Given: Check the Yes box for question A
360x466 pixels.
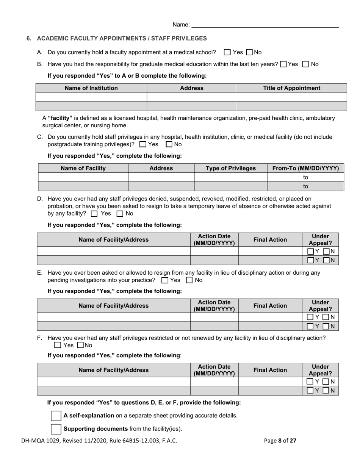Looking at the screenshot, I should [227, 52].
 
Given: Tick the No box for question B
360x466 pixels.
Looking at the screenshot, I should [306, 64].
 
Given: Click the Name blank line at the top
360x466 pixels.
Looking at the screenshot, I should [265, 25].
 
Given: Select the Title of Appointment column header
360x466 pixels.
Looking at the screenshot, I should [291, 88].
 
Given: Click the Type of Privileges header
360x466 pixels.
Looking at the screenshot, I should [230, 168].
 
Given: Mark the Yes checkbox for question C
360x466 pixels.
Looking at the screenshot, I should [143, 144].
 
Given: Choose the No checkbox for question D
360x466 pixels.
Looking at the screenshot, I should [120, 214].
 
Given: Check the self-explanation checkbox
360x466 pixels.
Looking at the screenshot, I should [56, 416].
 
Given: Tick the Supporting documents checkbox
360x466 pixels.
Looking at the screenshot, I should [56, 429].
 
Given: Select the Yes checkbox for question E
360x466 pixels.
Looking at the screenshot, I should [165, 280].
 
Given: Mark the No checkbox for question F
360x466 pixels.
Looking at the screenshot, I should [80, 345].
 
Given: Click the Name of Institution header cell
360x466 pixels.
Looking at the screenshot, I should [91, 88].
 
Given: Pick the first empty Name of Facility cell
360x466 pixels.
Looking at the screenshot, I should [83, 177].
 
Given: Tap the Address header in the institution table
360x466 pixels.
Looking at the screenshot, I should [191, 88].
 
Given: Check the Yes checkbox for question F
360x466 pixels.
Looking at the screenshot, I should [58, 345].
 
